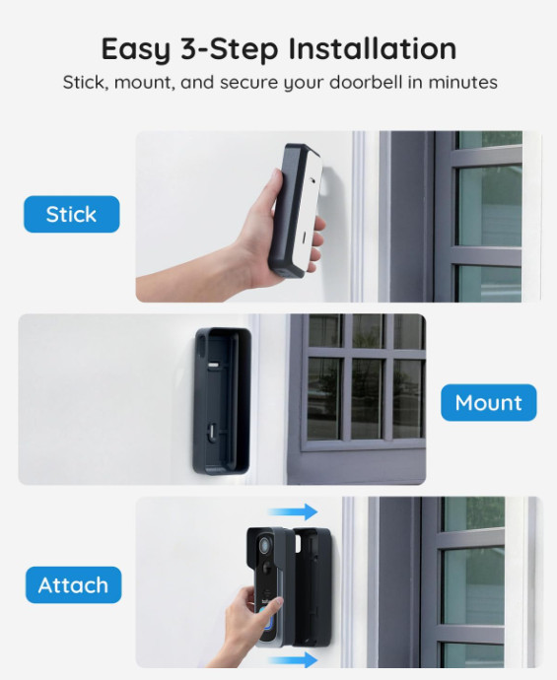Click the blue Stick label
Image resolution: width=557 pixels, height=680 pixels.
(72, 214)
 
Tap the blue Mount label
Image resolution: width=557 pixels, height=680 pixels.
(488, 402)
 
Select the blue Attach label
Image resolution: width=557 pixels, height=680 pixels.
(73, 584)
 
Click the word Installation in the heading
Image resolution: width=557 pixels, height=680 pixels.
(373, 48)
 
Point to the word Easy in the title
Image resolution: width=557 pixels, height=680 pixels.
(135, 50)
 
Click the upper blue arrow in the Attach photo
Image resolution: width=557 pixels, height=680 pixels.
(293, 511)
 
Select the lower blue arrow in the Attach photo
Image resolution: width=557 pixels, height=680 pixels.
(293, 660)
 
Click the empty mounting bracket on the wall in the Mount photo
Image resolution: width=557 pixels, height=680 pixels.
(222, 401)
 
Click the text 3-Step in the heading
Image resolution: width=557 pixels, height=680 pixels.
(229, 50)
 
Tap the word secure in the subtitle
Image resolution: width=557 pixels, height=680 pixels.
(248, 83)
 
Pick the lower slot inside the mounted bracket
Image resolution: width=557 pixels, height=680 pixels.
(212, 433)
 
